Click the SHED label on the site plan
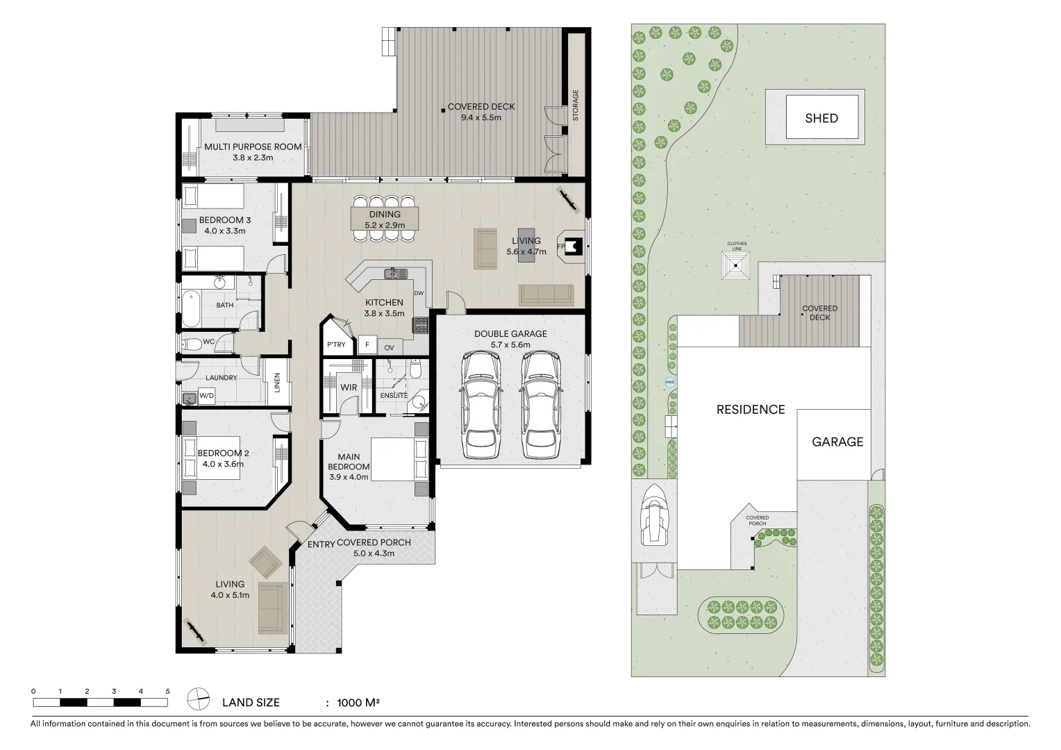pyautogui.click(x=821, y=118)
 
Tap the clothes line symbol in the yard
pyautogui.click(x=735, y=265)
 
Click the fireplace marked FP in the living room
pyautogui.click(x=572, y=246)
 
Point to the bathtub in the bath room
pyautogui.click(x=190, y=309)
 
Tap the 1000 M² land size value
pyautogui.click(x=358, y=703)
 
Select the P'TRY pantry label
pyautogui.click(x=336, y=345)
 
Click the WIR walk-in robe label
pyautogui.click(x=349, y=387)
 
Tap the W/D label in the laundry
pyautogui.click(x=206, y=396)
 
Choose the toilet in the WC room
pyautogui.click(x=189, y=344)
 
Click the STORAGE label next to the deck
pyautogui.click(x=575, y=106)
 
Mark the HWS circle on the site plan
pyautogui.click(x=670, y=382)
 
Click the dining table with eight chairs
pyautogui.click(x=385, y=218)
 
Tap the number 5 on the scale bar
pyautogui.click(x=167, y=691)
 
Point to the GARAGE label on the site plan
pyautogui.click(x=837, y=442)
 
